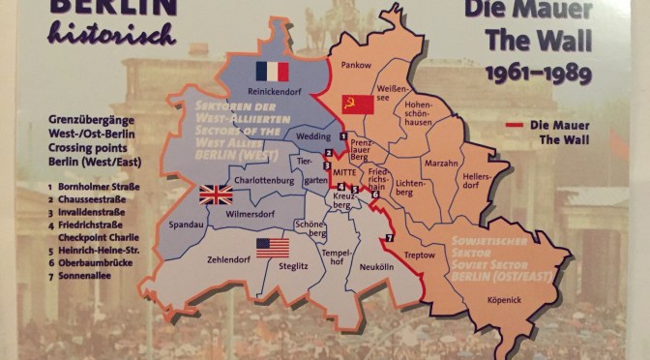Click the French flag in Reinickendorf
[274, 71]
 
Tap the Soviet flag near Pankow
[357, 105]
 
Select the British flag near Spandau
[216, 195]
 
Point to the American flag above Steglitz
[273, 248]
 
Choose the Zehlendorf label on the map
[228, 258]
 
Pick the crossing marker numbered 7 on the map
[390, 238]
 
